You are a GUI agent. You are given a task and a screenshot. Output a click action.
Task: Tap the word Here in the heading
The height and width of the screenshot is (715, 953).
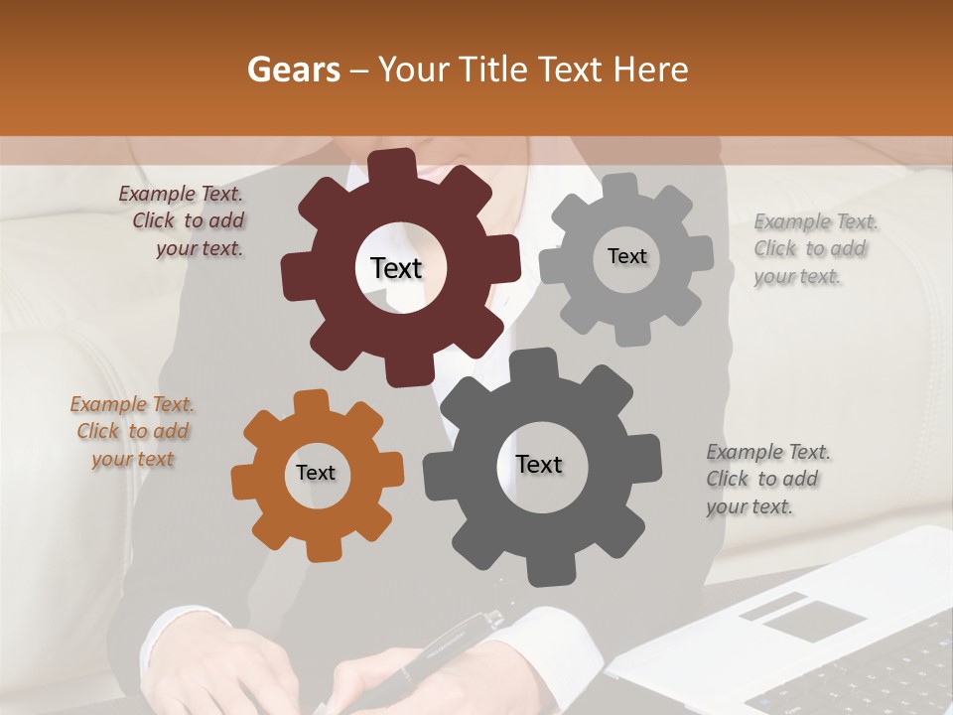point(651,70)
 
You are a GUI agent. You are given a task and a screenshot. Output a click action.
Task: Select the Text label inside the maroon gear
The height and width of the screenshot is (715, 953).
point(396,268)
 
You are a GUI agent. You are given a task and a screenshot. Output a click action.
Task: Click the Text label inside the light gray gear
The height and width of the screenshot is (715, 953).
point(626,256)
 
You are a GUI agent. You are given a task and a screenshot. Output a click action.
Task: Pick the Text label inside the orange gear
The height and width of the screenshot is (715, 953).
point(316,473)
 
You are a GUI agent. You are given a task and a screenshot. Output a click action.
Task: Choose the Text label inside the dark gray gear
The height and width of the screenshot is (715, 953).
point(539,464)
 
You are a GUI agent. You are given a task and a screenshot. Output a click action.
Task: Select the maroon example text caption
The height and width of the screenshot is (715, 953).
point(183,221)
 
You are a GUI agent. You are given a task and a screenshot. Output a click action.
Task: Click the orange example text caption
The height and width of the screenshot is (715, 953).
point(133,431)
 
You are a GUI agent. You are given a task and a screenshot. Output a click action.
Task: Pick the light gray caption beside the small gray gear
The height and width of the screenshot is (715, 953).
point(814,248)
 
